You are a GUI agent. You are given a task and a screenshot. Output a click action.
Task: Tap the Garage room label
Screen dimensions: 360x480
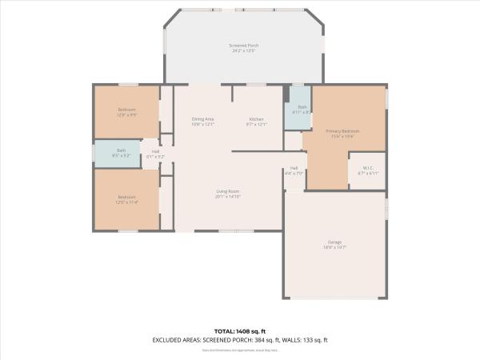(x=335, y=242)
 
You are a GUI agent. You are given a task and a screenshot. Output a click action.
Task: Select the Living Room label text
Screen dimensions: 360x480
(x=228, y=191)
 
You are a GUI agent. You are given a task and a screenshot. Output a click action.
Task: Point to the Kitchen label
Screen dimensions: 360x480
(x=256, y=119)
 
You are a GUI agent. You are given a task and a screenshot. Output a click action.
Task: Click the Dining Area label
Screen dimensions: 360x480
(x=202, y=119)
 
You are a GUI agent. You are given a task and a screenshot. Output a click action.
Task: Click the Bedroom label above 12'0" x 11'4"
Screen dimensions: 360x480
(x=127, y=197)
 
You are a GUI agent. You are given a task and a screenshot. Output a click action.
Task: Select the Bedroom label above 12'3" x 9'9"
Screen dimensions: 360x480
(x=127, y=110)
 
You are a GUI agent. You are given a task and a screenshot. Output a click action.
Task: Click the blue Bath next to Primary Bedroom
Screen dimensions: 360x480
(x=302, y=106)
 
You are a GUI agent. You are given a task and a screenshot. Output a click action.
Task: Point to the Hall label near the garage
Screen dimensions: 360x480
(x=294, y=168)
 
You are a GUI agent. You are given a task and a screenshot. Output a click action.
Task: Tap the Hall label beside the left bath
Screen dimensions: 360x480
(x=155, y=152)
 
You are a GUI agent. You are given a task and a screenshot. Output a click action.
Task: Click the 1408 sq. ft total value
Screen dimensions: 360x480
(x=253, y=330)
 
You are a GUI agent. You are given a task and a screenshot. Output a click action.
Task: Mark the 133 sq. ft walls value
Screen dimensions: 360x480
(x=314, y=340)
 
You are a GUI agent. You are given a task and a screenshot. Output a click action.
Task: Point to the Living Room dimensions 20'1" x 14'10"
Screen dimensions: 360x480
(x=228, y=197)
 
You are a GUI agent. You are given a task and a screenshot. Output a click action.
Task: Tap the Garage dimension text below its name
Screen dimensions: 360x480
(x=335, y=247)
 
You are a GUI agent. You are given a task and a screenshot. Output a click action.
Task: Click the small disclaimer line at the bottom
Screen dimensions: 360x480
(x=240, y=350)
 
